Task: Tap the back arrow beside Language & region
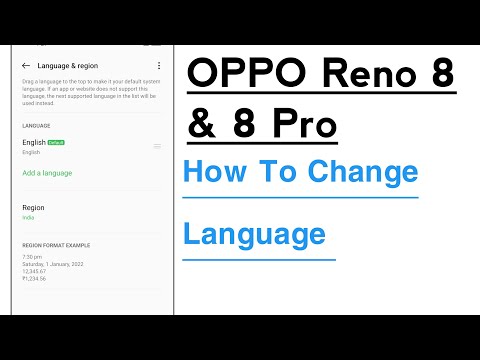point(25,65)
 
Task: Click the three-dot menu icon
point(159,65)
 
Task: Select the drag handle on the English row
point(157,146)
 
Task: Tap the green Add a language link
point(47,173)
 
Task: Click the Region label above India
point(33,207)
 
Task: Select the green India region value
point(27,217)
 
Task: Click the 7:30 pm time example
point(31,256)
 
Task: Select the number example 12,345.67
point(34,270)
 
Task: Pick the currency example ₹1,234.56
point(34,278)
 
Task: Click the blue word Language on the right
point(254,235)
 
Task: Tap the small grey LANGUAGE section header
point(36,126)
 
